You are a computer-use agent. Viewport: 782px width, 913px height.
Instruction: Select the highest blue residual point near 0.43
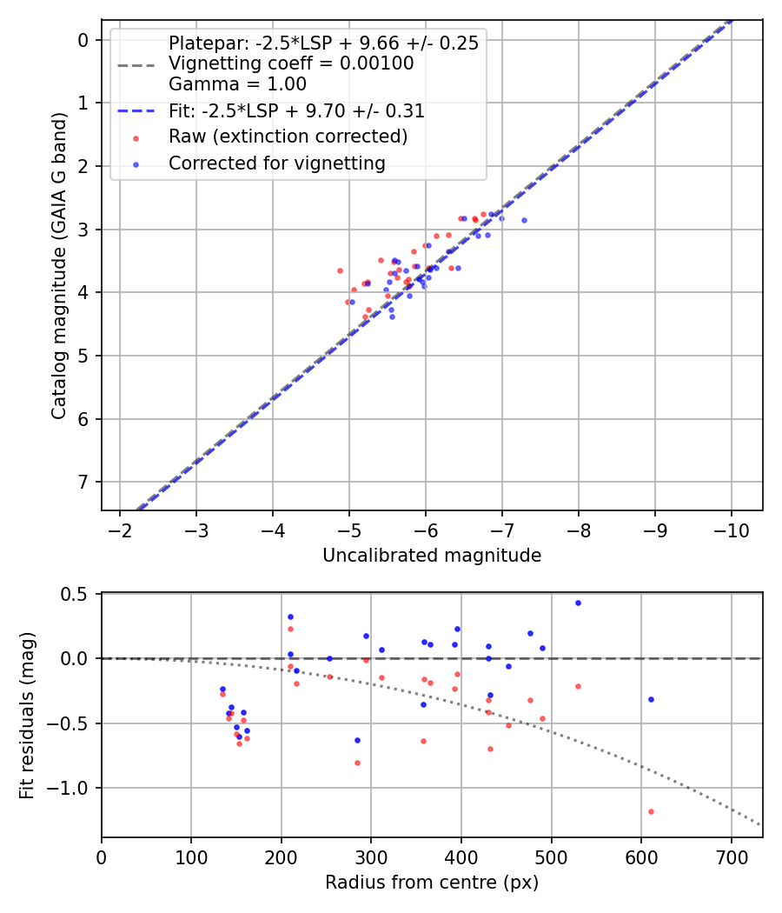click(578, 603)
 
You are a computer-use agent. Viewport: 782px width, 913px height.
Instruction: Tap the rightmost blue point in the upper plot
click(524, 220)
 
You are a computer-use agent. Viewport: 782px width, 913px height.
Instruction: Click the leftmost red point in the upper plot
click(340, 270)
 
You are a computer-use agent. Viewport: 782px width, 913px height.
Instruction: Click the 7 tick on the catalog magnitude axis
click(83, 482)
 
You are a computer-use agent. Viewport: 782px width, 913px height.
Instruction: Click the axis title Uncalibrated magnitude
click(432, 556)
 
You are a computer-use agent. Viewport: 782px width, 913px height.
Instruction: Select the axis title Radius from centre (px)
click(432, 883)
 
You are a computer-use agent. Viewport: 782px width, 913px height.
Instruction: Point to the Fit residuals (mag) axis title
click(27, 716)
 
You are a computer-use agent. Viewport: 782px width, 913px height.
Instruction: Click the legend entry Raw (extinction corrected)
click(288, 137)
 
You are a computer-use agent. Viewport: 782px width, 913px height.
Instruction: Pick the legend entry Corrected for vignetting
click(277, 163)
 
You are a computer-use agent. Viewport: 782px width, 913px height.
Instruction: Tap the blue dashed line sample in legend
click(136, 111)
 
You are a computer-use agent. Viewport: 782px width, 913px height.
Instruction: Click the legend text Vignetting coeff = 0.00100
click(291, 63)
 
